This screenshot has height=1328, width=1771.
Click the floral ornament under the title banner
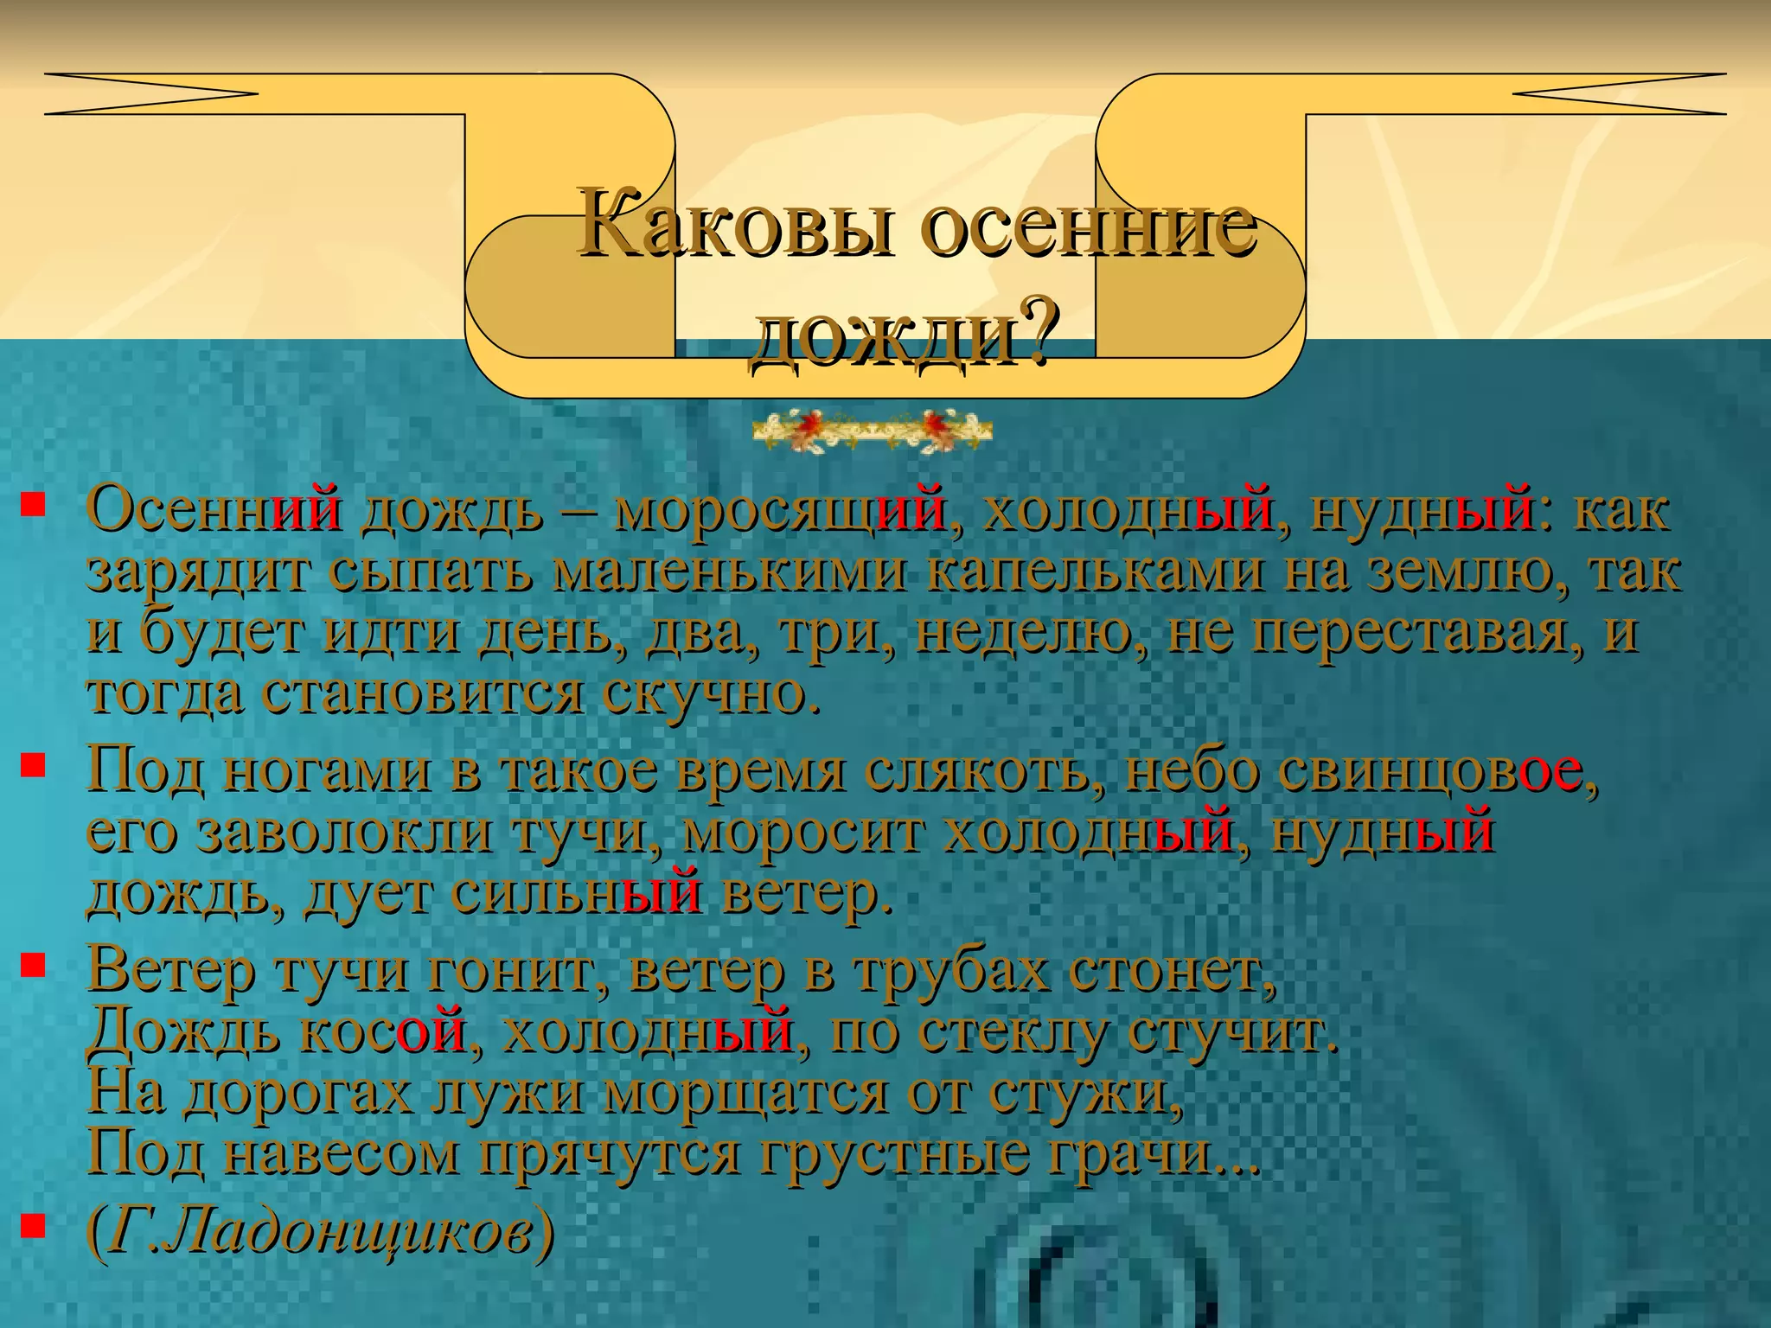pyautogui.click(x=872, y=430)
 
